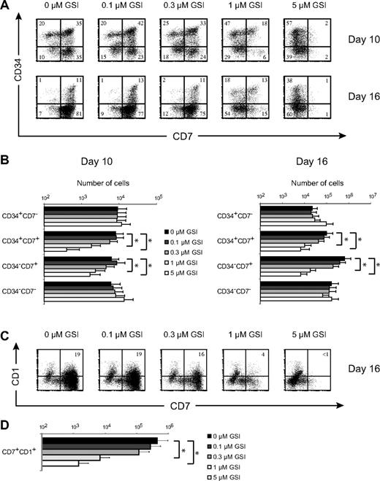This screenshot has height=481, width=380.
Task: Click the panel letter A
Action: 6,6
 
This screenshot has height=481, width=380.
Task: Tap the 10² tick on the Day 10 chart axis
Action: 45,199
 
